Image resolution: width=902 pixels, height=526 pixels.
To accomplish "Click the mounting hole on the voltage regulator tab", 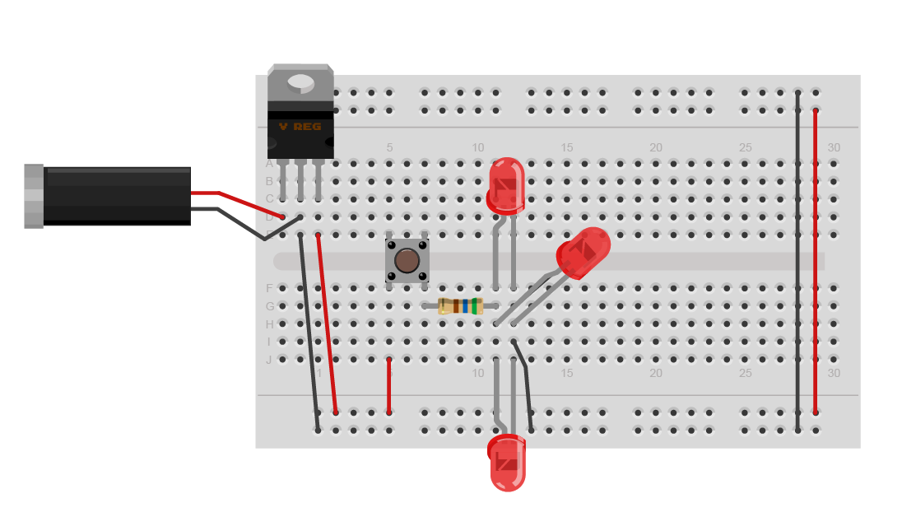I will (300, 82).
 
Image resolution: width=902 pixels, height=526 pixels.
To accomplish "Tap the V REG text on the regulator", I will (300, 127).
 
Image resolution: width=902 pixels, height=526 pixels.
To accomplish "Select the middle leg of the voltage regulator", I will (300, 179).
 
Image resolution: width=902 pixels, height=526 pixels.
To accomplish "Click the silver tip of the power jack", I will (34, 196).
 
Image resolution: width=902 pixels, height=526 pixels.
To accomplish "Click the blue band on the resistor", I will (466, 306).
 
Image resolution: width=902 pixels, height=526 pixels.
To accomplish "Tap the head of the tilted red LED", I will (584, 251).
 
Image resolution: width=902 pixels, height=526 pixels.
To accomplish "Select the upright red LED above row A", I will (505, 185).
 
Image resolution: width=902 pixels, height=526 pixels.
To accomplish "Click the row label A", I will (268, 164).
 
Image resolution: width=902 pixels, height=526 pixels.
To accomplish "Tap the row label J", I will (268, 360).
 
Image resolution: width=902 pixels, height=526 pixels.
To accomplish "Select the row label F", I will (268, 288).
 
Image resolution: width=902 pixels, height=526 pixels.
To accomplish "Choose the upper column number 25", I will (745, 147).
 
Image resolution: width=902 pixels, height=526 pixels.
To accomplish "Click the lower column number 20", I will (656, 373).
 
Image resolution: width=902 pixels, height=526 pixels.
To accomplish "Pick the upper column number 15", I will (567, 147).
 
